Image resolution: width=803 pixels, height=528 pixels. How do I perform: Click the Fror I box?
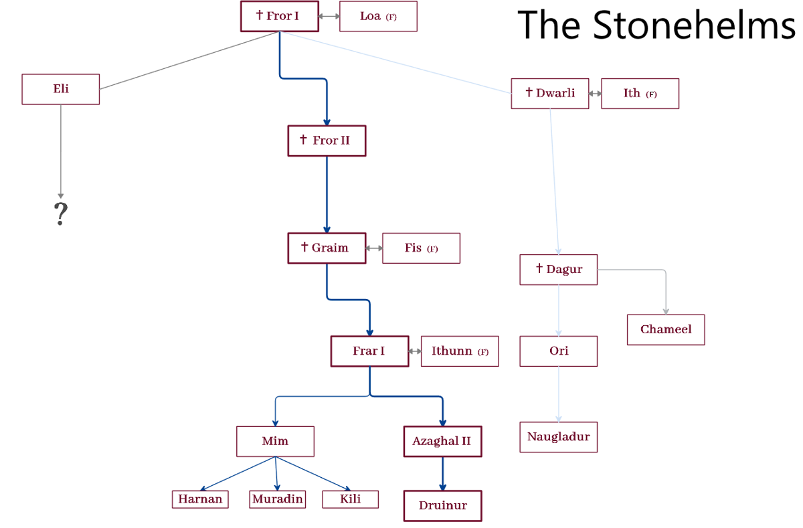pyautogui.click(x=279, y=16)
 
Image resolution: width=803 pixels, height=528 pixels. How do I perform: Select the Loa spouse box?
pyautogui.click(x=378, y=16)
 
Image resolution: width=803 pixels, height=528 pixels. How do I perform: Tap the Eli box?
pyautogui.click(x=61, y=89)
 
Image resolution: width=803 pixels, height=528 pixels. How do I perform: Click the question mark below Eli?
pyautogui.click(x=61, y=214)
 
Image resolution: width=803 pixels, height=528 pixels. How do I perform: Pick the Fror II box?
pyautogui.click(x=327, y=141)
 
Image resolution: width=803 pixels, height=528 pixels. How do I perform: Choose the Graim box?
pyautogui.click(x=327, y=248)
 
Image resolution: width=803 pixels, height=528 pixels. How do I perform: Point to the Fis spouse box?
pyautogui.click(x=421, y=248)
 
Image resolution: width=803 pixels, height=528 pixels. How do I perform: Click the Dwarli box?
pyautogui.click(x=550, y=94)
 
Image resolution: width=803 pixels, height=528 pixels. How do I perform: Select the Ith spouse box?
pyautogui.click(x=640, y=94)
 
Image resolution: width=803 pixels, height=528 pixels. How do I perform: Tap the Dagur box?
pyautogui.click(x=559, y=270)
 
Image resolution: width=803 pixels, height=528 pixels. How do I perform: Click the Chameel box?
pyautogui.click(x=666, y=329)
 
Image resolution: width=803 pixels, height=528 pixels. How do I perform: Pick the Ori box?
pyautogui.click(x=559, y=351)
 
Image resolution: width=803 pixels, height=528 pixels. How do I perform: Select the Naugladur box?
pyautogui.click(x=559, y=437)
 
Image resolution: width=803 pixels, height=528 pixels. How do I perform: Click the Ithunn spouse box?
pyautogui.click(x=460, y=351)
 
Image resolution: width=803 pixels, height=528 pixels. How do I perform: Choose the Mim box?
pyautogui.click(x=275, y=442)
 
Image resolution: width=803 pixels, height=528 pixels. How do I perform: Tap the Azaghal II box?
pyautogui.click(x=442, y=442)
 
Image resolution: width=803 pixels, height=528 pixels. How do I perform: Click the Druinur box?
pyautogui.click(x=442, y=506)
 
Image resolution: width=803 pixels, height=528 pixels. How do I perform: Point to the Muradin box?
pyautogui.click(x=278, y=499)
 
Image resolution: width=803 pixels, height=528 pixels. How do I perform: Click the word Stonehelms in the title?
pyautogui.click(x=694, y=25)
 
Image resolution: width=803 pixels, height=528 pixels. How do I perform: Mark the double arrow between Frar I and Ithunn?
pyautogui.click(x=415, y=351)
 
